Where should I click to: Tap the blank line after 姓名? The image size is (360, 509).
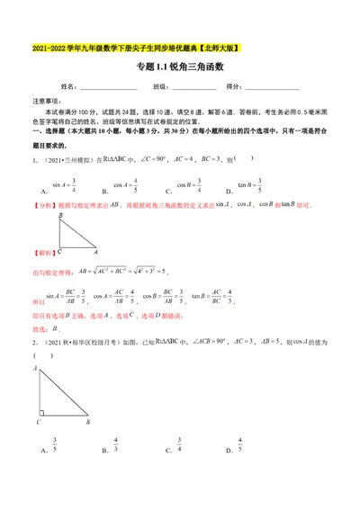point(109,88)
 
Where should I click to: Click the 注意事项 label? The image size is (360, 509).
point(47,103)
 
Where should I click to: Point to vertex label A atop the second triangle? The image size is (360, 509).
point(37,369)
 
